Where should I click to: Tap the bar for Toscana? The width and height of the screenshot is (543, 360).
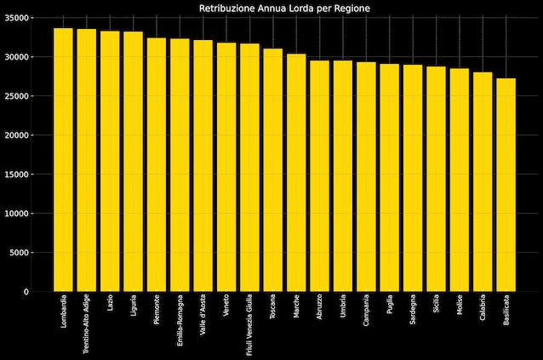coord(272,170)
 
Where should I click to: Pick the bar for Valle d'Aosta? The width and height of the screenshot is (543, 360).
coord(203,166)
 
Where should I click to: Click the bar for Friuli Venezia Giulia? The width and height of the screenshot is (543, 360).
coord(249,168)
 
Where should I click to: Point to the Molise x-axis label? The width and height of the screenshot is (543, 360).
coord(460,306)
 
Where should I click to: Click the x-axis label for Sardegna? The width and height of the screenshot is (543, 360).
coord(413,311)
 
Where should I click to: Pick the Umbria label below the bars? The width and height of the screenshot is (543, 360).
coord(343,307)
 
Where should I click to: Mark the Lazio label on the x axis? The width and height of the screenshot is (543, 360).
coord(110,304)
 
